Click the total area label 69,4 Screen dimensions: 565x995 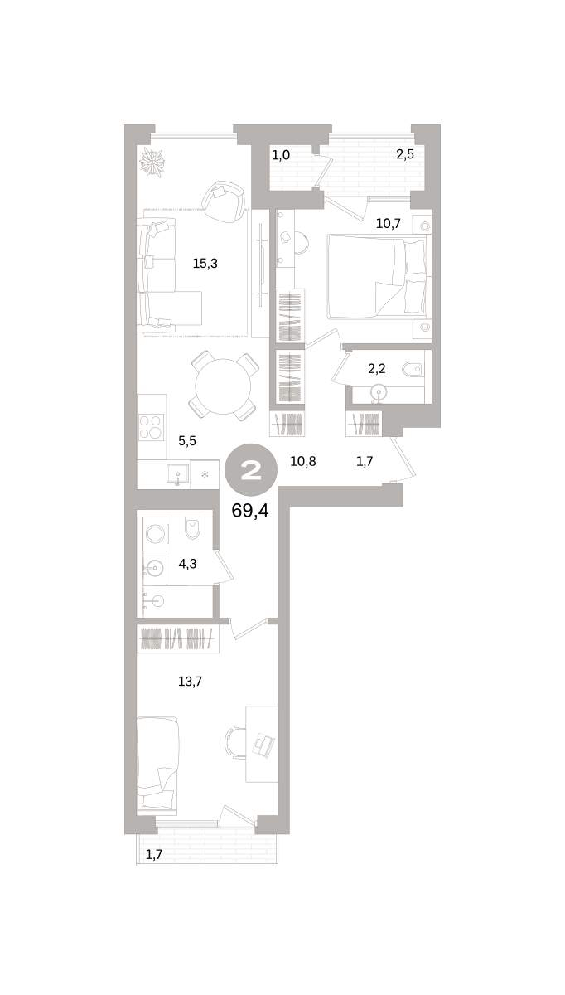coord(250,512)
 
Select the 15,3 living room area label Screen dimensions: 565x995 coord(205,264)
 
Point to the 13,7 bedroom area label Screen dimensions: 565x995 coord(190,681)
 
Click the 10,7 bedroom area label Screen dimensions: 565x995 coord(389,223)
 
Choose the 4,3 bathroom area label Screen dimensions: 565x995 coord(187,564)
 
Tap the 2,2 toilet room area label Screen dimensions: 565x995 coord(377,368)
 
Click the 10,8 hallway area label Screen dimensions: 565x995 coord(303,462)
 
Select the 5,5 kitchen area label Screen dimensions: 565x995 coord(187,441)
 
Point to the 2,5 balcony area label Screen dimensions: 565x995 coord(405,154)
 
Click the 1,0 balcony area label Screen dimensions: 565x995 coord(281,155)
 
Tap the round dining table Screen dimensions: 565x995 coord(225,386)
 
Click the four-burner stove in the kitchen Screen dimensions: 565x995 coord(152,426)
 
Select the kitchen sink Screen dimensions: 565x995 coord(178,473)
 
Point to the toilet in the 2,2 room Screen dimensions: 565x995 coord(413,368)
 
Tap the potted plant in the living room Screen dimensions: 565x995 coord(152,162)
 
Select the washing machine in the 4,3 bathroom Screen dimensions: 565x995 coord(155,533)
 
